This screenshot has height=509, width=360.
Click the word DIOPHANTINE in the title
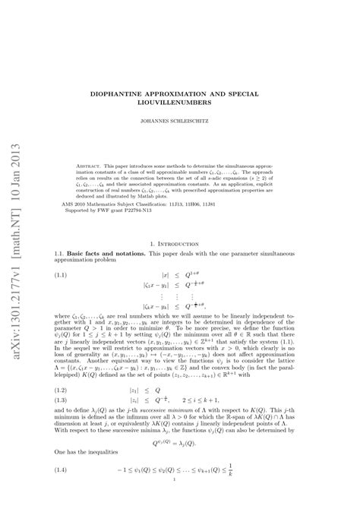tap(135, 93)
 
